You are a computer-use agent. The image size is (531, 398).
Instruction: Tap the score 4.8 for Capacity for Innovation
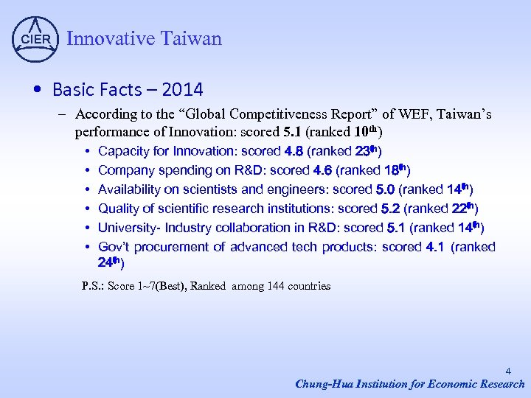pyautogui.click(x=294, y=151)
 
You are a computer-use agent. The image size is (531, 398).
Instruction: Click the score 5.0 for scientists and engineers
pyautogui.click(x=385, y=189)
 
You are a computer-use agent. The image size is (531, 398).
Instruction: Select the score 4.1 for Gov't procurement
pyautogui.click(x=435, y=247)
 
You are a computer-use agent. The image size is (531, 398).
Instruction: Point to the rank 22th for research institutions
pyautogui.click(x=463, y=209)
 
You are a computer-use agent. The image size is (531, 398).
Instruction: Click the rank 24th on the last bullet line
pyautogui.click(x=108, y=262)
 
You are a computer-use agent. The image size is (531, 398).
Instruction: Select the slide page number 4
pyautogui.click(x=508, y=372)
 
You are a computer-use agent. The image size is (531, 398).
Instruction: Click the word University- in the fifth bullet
pyautogui.click(x=130, y=228)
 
